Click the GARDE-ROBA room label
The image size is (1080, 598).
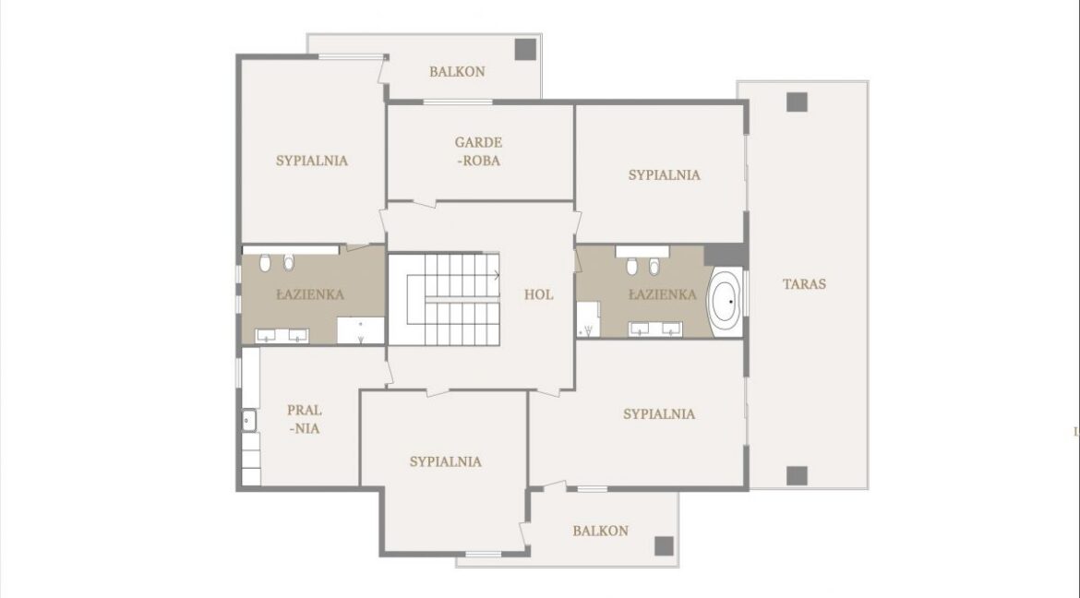(478, 151)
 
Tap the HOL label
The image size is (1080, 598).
(539, 295)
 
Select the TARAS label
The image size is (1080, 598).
(805, 284)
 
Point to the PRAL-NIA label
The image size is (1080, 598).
(305, 419)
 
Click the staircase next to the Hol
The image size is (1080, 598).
(444, 299)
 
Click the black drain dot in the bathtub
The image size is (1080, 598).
(731, 302)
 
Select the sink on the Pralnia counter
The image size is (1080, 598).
(248, 420)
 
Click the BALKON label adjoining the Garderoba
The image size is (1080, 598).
(457, 72)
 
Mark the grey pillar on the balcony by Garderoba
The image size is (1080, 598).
(525, 49)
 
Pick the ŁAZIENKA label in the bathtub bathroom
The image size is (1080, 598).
(663, 295)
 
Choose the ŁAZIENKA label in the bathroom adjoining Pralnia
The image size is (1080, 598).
(310, 295)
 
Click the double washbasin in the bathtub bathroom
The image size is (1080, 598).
(655, 329)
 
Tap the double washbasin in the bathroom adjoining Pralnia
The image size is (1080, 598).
(282, 336)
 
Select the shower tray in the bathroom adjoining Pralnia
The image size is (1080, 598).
(360, 330)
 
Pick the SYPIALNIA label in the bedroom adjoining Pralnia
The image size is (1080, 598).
(446, 461)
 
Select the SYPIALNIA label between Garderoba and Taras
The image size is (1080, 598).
(664, 175)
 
